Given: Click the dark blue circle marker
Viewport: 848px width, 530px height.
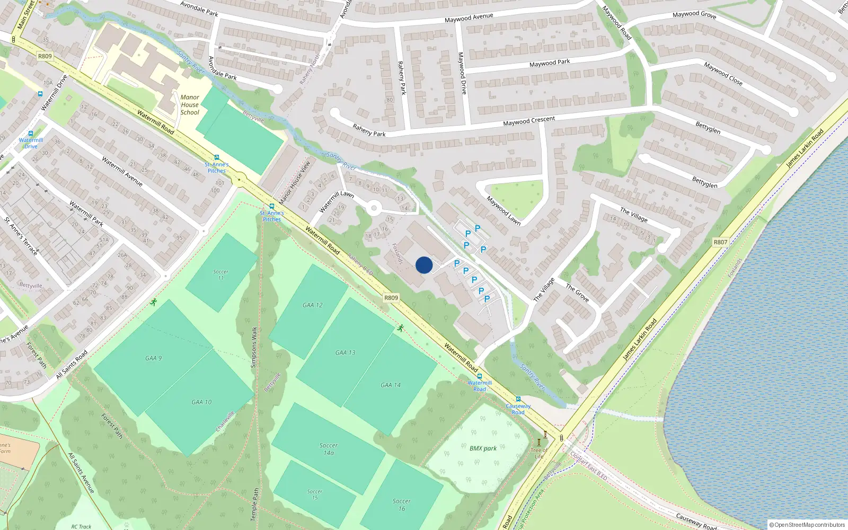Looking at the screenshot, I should [424, 265].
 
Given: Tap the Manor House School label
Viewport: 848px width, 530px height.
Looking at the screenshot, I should [190, 105].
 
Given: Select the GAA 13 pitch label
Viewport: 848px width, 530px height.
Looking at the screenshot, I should [345, 352].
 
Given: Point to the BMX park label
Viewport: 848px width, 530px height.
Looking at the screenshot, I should [483, 448].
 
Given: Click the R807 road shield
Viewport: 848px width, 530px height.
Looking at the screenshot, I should [720, 242].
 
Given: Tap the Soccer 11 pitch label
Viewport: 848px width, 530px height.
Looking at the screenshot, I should [221, 275].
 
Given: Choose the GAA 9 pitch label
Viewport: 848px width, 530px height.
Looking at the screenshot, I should [153, 358].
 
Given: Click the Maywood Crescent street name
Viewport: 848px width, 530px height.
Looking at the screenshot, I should [529, 121].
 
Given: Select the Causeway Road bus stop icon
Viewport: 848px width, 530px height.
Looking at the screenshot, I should [518, 399].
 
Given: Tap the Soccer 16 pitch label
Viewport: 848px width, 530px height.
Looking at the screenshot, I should [401, 505].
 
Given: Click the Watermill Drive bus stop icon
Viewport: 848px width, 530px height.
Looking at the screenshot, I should [30, 134].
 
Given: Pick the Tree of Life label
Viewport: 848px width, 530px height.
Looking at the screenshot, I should [539, 453].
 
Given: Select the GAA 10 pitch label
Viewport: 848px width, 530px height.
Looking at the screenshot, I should [201, 402].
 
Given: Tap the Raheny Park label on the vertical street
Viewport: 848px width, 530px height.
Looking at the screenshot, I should [402, 78].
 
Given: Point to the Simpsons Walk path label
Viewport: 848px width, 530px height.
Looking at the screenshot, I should [254, 347].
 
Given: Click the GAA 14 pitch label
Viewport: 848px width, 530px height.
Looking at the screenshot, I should [391, 385].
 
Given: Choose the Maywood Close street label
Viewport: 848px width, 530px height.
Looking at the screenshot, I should [723, 74].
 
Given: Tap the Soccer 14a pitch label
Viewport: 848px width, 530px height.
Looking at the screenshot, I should [329, 449].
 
